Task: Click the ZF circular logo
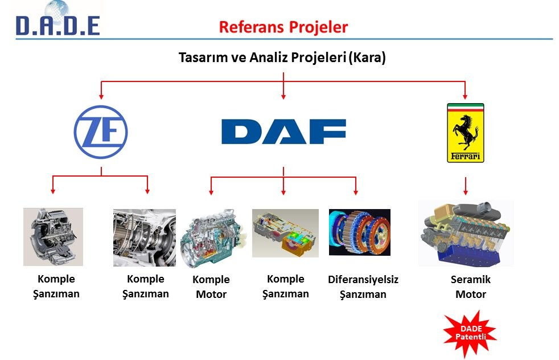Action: (101, 132)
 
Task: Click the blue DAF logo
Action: (283, 132)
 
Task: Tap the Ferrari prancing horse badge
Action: (465, 133)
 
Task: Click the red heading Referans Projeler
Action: (283, 27)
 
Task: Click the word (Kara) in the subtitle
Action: (367, 58)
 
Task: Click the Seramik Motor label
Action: (470, 287)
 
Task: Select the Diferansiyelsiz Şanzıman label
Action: (363, 287)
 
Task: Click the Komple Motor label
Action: (211, 287)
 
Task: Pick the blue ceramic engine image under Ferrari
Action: (466, 233)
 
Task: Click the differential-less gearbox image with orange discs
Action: (359, 232)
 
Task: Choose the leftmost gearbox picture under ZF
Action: (53, 236)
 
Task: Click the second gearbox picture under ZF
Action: (144, 238)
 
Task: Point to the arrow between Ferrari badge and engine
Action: (465, 185)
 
